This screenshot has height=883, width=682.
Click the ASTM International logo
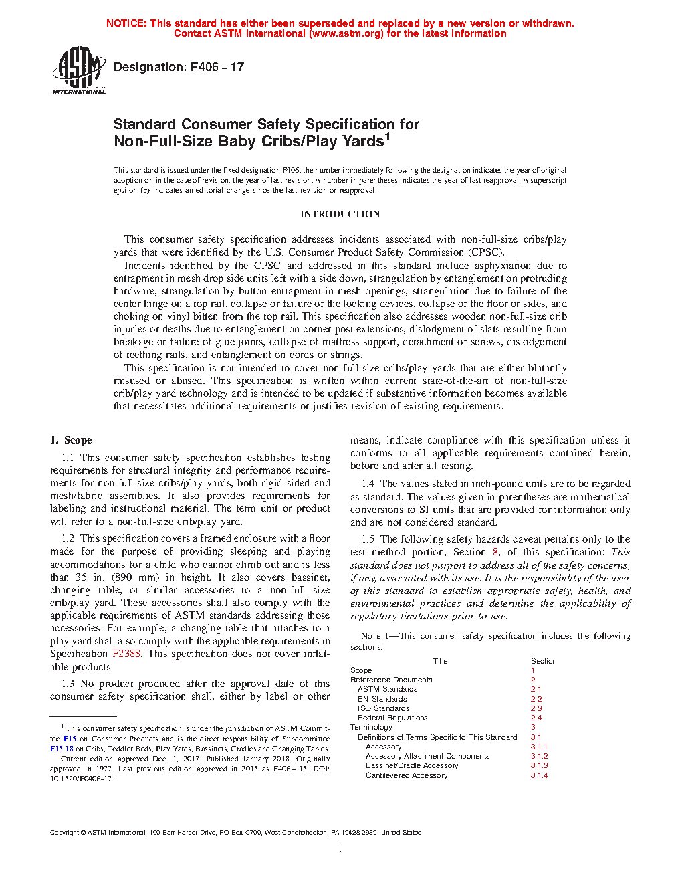click(x=79, y=70)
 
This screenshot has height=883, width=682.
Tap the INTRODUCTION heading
click(x=340, y=214)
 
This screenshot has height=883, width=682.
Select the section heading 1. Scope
click(x=71, y=440)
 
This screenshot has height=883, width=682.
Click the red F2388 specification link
click(x=126, y=654)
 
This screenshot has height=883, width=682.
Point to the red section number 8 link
click(x=495, y=552)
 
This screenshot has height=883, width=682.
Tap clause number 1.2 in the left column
click(x=68, y=538)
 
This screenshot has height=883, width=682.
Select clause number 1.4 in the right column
click(x=368, y=484)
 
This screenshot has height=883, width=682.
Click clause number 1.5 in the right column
click(x=368, y=539)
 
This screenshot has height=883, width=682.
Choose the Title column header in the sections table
click(x=440, y=661)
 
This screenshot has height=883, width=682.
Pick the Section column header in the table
click(x=544, y=661)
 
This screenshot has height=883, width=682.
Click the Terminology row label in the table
click(x=371, y=727)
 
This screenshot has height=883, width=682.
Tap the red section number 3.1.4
click(x=539, y=775)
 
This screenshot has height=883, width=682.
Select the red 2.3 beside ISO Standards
click(x=536, y=708)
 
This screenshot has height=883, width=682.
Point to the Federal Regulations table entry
click(x=392, y=718)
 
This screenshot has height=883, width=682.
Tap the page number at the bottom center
click(x=340, y=849)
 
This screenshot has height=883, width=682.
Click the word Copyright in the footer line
click(x=64, y=833)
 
